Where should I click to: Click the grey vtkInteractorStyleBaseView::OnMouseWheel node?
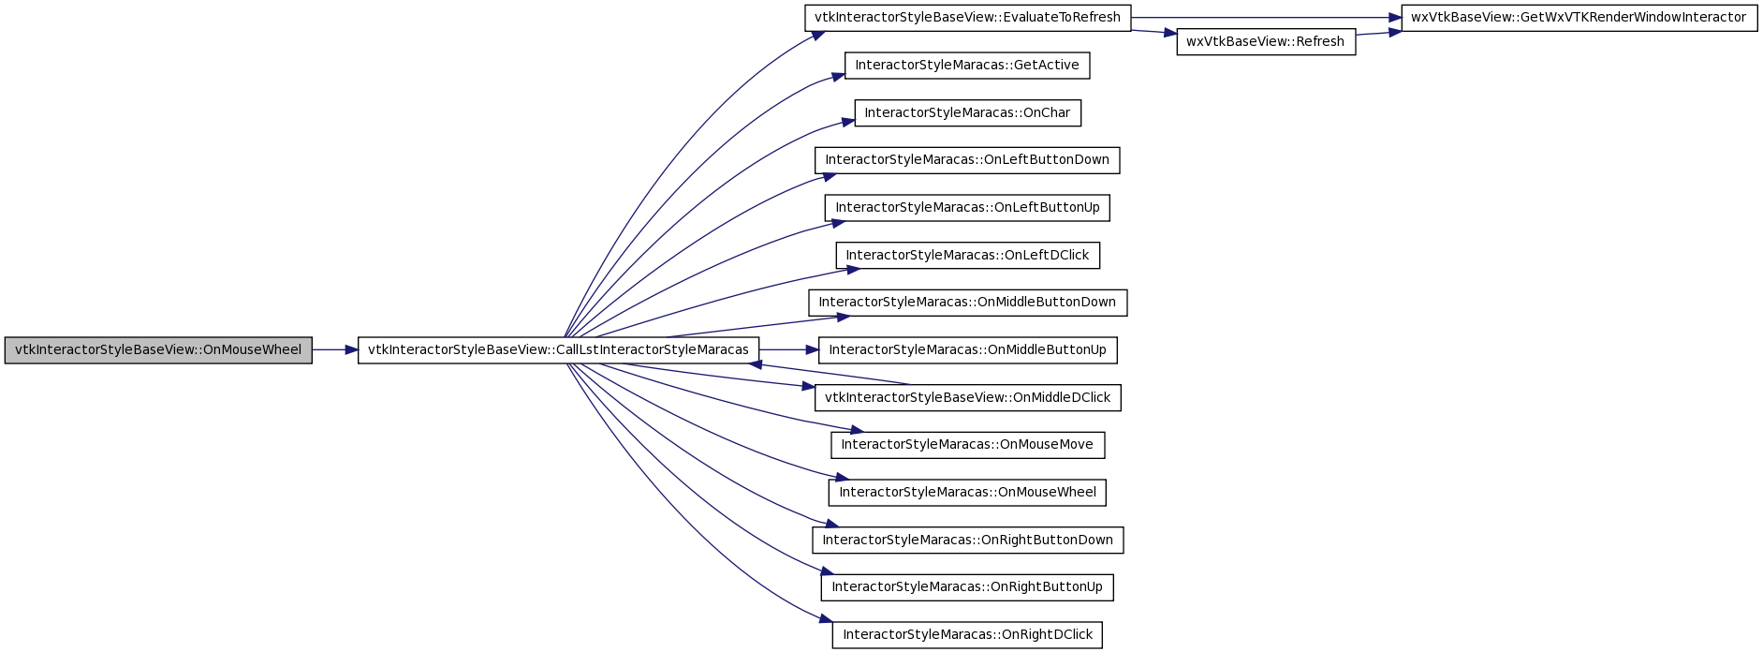tap(158, 350)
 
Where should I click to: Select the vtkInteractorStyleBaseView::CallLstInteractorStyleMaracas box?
tap(558, 350)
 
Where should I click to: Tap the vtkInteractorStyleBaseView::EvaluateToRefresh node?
tap(968, 18)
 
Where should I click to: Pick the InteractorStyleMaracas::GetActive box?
tap(967, 66)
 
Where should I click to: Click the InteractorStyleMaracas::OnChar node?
tap(967, 113)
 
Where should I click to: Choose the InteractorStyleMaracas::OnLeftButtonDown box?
tap(967, 160)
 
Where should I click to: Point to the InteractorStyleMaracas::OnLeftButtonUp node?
tap(967, 208)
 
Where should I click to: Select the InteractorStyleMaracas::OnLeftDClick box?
tap(968, 256)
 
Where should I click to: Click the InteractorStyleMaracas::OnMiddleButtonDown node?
tap(968, 303)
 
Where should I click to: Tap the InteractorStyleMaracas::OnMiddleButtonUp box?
tap(968, 350)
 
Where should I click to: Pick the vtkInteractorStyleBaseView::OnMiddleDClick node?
tap(968, 398)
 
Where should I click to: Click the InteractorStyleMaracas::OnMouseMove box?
tap(968, 445)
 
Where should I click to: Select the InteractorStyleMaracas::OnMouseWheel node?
tap(967, 493)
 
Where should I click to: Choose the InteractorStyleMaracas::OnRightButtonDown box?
tap(968, 541)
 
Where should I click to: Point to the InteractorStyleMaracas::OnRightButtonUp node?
tap(967, 587)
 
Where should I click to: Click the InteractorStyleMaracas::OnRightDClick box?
tap(968, 635)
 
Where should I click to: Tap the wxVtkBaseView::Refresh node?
tap(1266, 42)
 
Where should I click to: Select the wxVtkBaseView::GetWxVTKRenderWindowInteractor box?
tap(1579, 18)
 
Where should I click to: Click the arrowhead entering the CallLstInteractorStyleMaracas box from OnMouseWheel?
tap(352, 350)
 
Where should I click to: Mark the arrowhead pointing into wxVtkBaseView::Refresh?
tap(1170, 34)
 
